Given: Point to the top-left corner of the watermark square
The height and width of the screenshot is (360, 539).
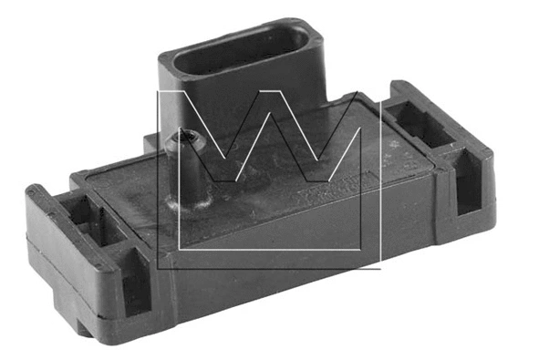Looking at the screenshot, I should coord(158,91).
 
